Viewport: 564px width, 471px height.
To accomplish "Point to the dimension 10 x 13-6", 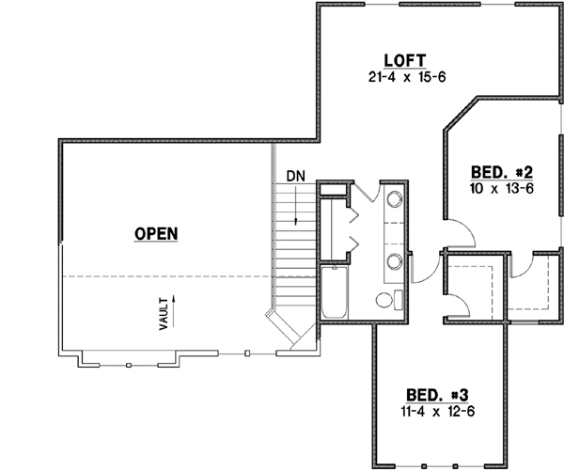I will pos(501,187).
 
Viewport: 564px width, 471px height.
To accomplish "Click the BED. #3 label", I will pos(435,396).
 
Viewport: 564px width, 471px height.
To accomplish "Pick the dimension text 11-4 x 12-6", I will pos(435,411).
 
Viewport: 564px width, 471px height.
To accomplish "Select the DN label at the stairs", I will pos(296,176).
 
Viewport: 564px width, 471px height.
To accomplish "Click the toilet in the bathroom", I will pos(388,301).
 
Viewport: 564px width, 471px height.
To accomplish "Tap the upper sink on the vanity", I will pos(394,200).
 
